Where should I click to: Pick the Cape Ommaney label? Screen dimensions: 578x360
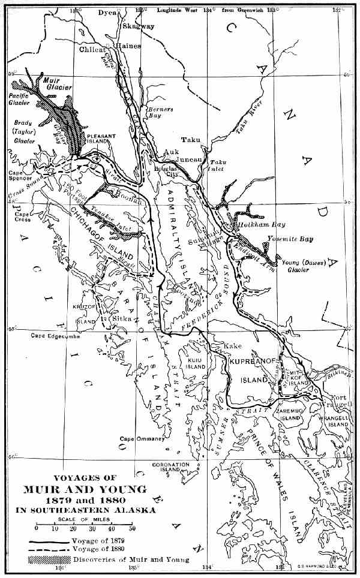[142, 438]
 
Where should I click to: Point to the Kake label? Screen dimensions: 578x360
[232, 347]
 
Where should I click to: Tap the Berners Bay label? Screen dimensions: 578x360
[161, 113]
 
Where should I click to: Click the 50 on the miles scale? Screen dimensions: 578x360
[131, 528]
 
